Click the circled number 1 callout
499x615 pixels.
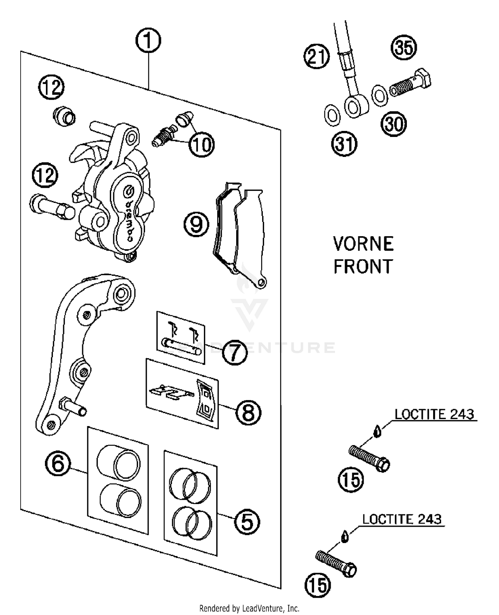(x=148, y=40)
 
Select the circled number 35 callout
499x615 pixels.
(x=403, y=47)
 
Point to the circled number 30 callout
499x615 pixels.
(x=394, y=124)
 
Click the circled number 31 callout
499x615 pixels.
(x=344, y=144)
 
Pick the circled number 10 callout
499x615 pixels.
(x=202, y=145)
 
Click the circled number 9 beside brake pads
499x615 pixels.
(x=196, y=224)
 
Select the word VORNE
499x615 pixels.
(x=363, y=244)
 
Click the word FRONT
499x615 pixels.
(x=363, y=267)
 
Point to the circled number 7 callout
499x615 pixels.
(x=235, y=352)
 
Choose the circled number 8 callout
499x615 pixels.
(x=248, y=412)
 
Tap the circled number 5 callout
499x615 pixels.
(x=247, y=522)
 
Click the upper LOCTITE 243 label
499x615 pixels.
(x=434, y=414)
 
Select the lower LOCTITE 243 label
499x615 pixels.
(x=402, y=519)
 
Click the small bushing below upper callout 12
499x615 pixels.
(x=65, y=116)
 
